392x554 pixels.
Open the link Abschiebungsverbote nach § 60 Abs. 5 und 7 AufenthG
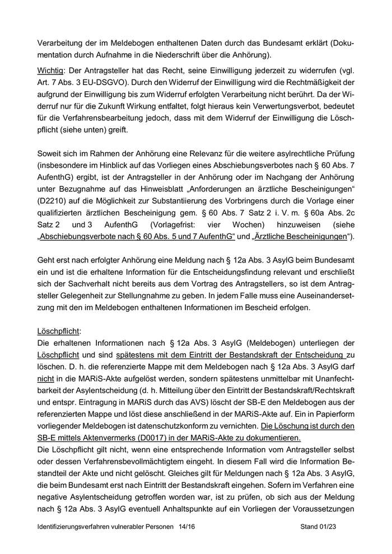(136, 237)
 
